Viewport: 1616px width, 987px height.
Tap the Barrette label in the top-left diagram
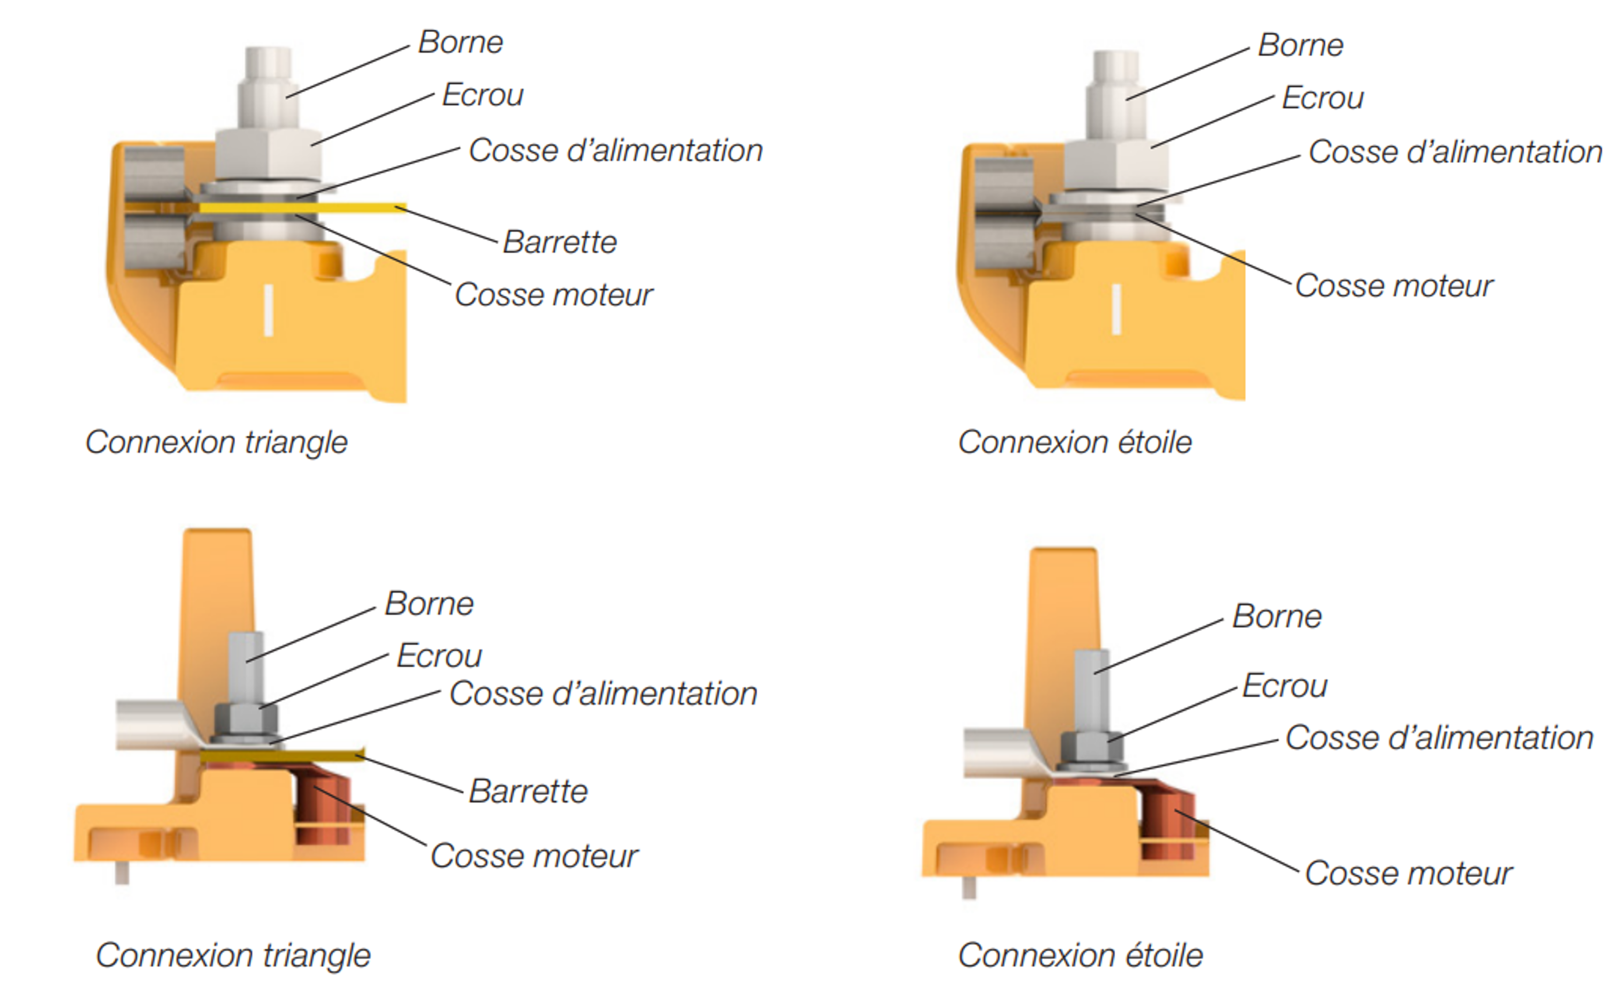click(559, 242)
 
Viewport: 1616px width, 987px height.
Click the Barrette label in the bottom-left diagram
click(528, 791)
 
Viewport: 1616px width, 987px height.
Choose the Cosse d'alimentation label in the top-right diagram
click(1455, 152)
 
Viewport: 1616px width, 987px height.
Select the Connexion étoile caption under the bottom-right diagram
click(1080, 955)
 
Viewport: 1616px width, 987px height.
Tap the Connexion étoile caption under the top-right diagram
click(1074, 442)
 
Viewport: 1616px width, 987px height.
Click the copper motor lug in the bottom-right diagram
click(1171, 826)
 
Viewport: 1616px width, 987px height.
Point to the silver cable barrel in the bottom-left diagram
click(147, 725)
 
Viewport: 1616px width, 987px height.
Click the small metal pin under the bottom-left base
click(122, 872)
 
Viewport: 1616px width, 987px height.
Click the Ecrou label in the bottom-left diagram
click(439, 656)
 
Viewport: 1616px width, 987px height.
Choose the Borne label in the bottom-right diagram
click(1276, 616)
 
